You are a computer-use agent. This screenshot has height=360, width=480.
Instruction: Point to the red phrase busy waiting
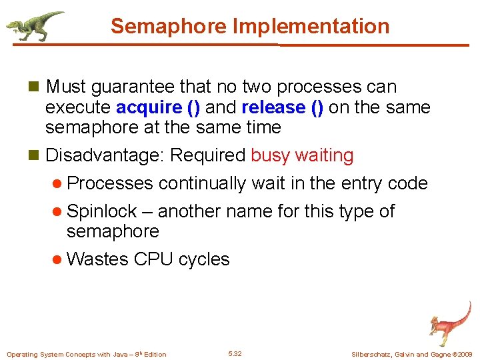point(302,155)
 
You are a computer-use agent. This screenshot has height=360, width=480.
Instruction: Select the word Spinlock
point(102,212)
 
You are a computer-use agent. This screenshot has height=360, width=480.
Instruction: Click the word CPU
point(154,259)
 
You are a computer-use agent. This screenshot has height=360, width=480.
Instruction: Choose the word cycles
point(204,259)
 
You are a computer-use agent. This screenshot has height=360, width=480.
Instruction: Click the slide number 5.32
point(235,353)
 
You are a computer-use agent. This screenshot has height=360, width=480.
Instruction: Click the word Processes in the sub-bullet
point(110,183)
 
